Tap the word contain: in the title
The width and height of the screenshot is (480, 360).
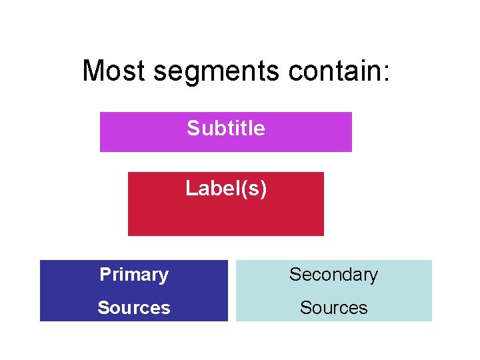tap(339, 71)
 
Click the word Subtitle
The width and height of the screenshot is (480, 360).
tap(226, 128)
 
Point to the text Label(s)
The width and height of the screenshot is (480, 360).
tap(226, 189)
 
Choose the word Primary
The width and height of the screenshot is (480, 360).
tap(134, 275)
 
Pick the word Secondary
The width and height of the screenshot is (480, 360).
tap(333, 275)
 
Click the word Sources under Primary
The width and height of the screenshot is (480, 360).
tap(134, 307)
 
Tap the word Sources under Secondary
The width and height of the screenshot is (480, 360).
tap(333, 307)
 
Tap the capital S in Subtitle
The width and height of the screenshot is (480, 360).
tap(193, 128)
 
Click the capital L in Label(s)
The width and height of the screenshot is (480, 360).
tap(190, 189)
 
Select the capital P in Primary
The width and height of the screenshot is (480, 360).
tap(105, 275)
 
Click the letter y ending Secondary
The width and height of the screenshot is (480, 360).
tap(373, 276)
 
